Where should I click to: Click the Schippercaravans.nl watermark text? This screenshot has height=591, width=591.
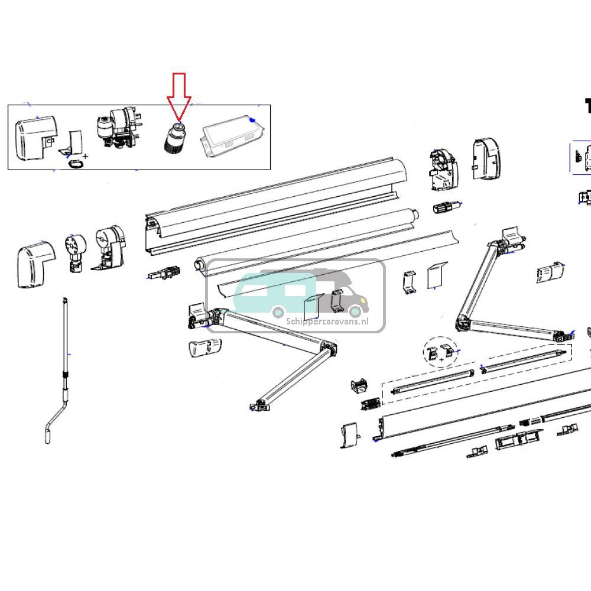pos(327,322)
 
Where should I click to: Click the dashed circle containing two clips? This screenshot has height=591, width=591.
pos(440,353)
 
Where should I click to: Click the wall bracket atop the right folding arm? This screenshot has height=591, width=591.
pos(512,239)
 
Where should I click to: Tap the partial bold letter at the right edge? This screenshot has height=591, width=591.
pos(587,106)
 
